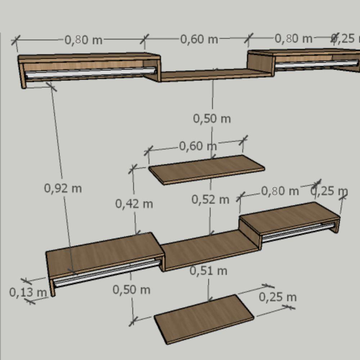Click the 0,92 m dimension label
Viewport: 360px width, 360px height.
pyautogui.click(x=63, y=188)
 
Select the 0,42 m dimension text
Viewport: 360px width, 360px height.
pyautogui.click(x=134, y=204)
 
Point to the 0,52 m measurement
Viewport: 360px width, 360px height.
pyautogui.click(x=210, y=199)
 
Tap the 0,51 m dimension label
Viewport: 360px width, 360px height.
pyautogui.click(x=208, y=271)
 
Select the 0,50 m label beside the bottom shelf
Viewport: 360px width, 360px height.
pyautogui.click(x=131, y=289)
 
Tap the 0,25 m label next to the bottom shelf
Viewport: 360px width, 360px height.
pyautogui.click(x=278, y=297)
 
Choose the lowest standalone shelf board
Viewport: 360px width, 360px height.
pyautogui.click(x=204, y=318)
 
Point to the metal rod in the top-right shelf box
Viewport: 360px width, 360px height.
pyautogui.click(x=317, y=64)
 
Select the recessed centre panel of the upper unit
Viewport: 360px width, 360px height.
pyautogui.click(x=212, y=75)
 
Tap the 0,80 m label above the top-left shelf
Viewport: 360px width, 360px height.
pyautogui.click(x=84, y=40)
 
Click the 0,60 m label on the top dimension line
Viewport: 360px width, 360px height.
pyautogui.click(x=199, y=39)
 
